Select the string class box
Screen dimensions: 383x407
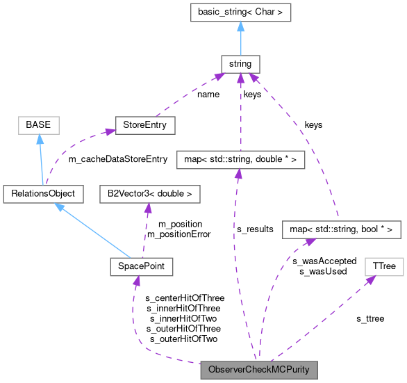(239, 65)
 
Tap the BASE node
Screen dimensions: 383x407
(38, 126)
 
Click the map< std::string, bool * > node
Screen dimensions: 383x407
(341, 229)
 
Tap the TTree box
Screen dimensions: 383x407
(381, 266)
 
